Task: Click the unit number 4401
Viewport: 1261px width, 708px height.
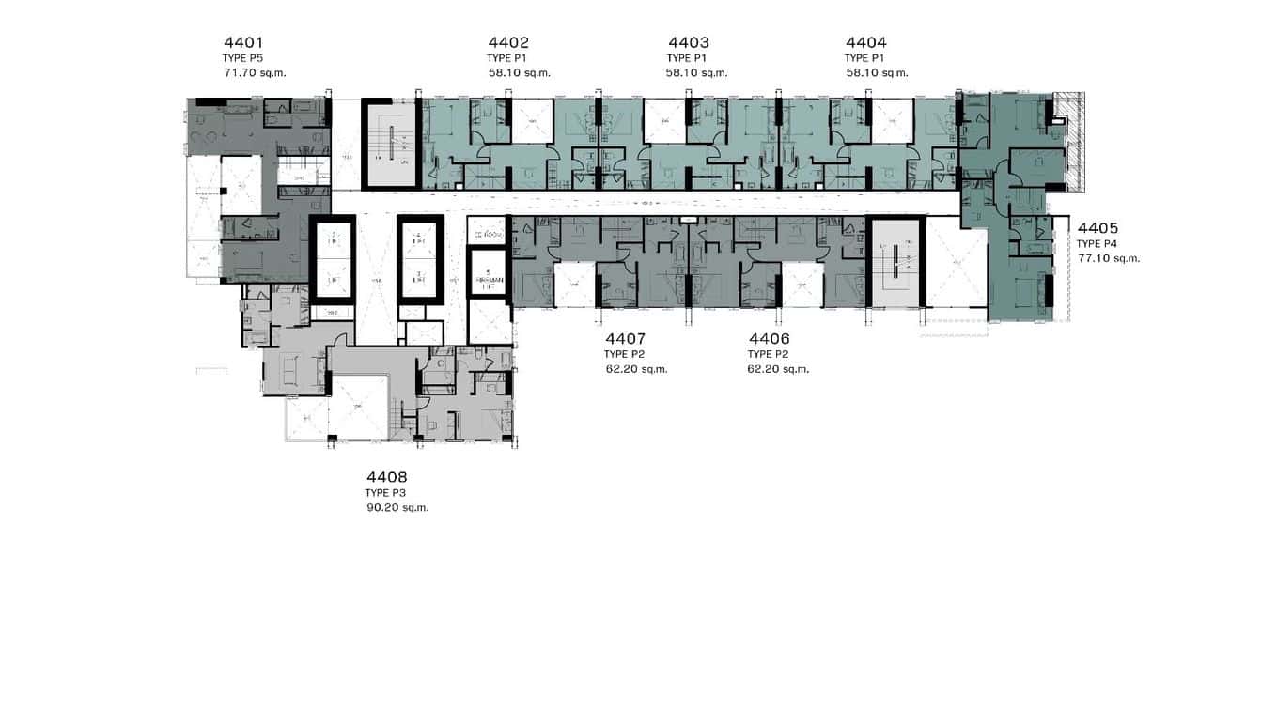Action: click(243, 42)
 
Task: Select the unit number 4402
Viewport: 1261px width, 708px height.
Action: click(508, 42)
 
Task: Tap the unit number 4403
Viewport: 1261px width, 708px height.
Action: click(688, 42)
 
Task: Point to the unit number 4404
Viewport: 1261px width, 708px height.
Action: click(865, 42)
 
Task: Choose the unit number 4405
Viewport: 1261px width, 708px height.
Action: click(1098, 227)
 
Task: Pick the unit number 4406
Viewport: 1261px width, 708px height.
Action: click(769, 338)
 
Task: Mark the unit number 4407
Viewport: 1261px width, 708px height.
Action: click(625, 338)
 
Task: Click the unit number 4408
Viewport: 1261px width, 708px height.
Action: click(387, 477)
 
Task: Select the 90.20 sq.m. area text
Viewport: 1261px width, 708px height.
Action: click(397, 508)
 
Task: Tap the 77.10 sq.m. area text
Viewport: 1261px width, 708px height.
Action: click(1109, 258)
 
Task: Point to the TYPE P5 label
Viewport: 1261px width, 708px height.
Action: click(242, 57)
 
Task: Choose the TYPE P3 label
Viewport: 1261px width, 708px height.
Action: click(386, 493)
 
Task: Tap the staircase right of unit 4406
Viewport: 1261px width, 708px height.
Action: click(895, 262)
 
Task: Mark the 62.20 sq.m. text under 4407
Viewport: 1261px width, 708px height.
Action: click(636, 369)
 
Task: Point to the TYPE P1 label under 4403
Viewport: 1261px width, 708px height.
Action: click(686, 57)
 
